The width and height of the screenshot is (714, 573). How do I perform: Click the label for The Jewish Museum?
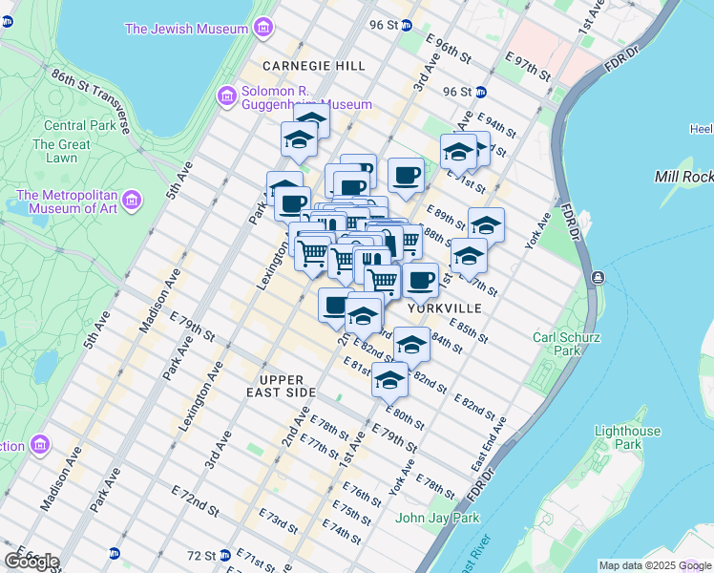click(187, 28)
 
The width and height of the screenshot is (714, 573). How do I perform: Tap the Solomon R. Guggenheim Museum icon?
click(227, 95)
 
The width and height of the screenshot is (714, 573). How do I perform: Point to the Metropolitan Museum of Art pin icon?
click(133, 202)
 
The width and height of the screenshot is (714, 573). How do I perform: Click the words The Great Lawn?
click(61, 151)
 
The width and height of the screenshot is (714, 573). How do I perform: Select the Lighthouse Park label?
click(626, 437)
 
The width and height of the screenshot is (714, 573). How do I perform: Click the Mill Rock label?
click(683, 177)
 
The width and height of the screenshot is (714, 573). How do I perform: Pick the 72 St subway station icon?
click(224, 554)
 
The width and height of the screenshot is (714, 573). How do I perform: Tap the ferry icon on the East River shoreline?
click(598, 277)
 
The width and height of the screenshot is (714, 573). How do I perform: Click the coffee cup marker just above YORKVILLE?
click(420, 281)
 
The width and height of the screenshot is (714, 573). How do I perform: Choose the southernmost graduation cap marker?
click(389, 379)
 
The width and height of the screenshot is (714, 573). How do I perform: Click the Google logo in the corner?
click(31, 562)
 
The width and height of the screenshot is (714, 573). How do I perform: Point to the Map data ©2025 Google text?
click(655, 565)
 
